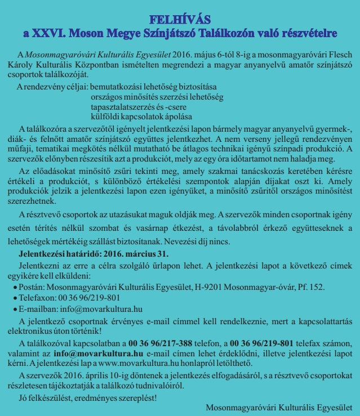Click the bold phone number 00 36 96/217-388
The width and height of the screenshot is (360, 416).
point(161,343)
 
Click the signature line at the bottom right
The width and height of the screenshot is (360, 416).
point(279,407)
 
